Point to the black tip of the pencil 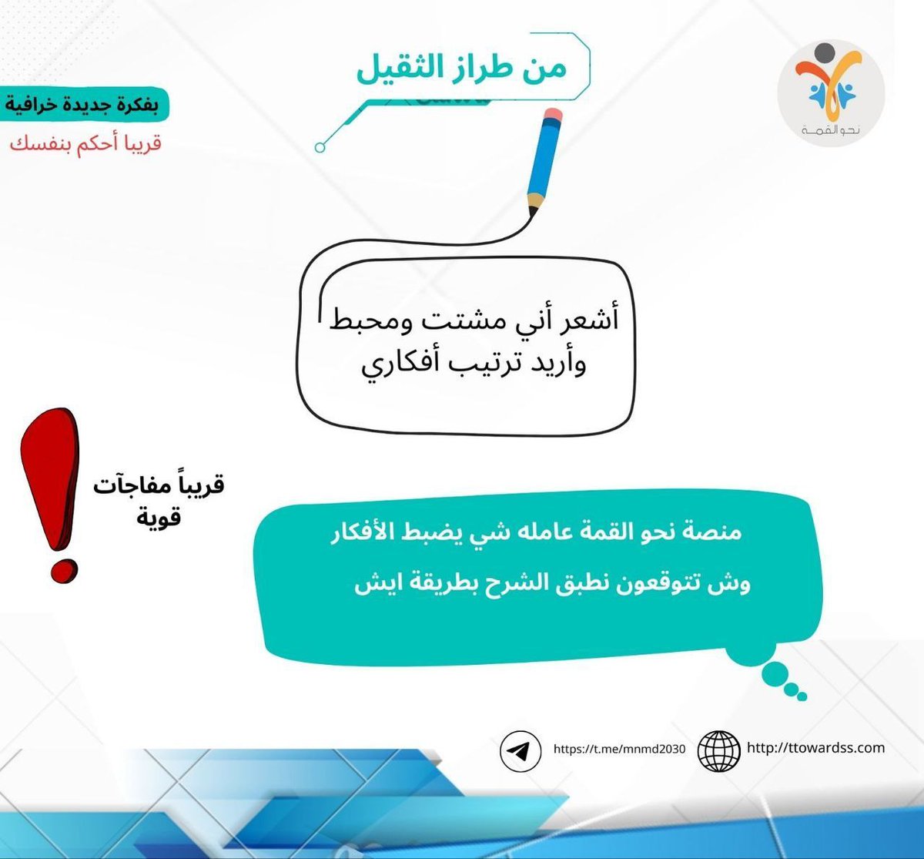[531, 210]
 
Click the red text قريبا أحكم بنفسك [85, 144]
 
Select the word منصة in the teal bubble [713, 532]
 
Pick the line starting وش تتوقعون [552, 582]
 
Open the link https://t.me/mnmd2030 [619, 749]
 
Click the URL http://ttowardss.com [815, 747]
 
